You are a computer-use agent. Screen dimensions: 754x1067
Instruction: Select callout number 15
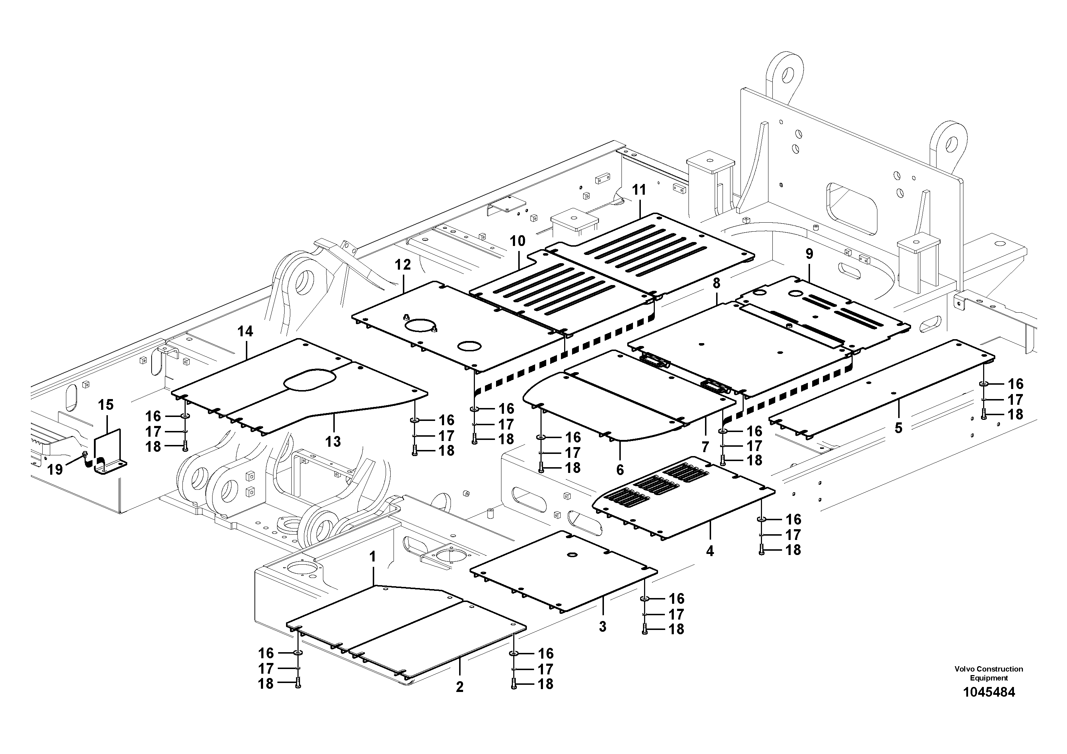106,405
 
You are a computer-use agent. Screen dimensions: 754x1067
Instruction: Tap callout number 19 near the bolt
55,470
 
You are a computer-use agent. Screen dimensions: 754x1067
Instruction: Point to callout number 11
639,190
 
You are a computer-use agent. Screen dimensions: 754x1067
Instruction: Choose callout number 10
517,241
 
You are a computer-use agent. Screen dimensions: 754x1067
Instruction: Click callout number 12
403,265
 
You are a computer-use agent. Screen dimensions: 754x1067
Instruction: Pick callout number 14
246,331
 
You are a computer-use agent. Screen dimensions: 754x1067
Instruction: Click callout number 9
810,254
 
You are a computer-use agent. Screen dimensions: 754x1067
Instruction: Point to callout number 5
898,428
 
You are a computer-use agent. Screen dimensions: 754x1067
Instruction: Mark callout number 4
710,551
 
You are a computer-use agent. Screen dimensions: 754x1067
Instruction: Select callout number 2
459,687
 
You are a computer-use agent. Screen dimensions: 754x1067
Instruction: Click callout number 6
620,470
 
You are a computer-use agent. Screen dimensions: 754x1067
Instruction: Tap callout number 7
705,447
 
